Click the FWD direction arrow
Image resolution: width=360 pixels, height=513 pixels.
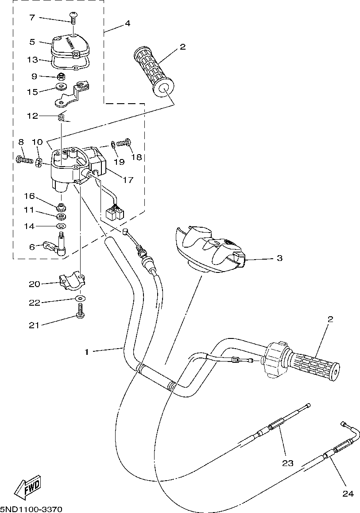tap(27, 487)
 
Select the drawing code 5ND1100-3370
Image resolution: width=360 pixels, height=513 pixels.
tap(31, 509)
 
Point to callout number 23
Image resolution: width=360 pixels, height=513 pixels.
tap(287, 463)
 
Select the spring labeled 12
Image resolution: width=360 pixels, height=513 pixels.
tap(63, 118)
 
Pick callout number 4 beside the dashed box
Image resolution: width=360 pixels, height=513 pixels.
tap(127, 23)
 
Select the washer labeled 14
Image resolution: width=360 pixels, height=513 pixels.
tap(62, 226)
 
